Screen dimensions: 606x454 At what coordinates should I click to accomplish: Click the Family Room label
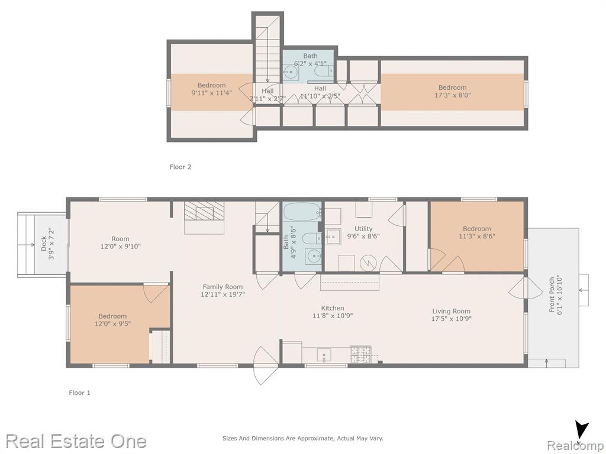[x=223, y=287]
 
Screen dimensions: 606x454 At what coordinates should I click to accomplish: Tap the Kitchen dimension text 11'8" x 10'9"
[x=333, y=316]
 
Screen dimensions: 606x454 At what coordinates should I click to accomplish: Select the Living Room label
[x=452, y=311]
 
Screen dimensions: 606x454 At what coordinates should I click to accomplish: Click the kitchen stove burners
[x=360, y=355]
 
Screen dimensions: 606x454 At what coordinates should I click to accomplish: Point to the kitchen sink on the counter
[x=324, y=355]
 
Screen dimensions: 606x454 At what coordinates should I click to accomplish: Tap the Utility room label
[x=363, y=229]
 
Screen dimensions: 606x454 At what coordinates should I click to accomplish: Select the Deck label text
[x=44, y=244]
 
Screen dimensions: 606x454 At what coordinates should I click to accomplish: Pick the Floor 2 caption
[x=180, y=167]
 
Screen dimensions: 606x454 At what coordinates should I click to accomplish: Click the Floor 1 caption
[x=80, y=393]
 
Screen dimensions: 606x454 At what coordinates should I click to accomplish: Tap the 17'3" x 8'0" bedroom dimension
[x=453, y=95]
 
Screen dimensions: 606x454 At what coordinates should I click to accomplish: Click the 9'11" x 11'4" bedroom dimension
[x=212, y=93]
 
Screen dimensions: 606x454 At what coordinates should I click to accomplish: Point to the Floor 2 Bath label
[x=310, y=56]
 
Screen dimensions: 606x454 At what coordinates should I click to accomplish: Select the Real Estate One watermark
[x=76, y=441]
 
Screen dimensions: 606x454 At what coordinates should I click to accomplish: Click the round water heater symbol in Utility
[x=368, y=263]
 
